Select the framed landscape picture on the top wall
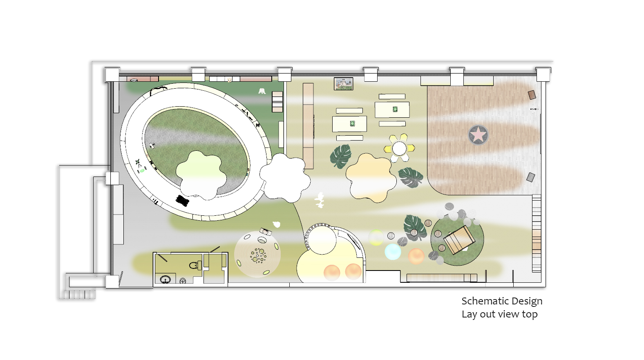point(344,84)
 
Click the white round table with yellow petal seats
point(399,148)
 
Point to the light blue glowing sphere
point(393,252)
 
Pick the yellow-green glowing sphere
point(376,237)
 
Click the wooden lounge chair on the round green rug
point(459,240)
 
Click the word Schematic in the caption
point(485,301)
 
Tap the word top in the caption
point(530,315)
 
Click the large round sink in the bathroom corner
point(165,279)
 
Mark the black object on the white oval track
point(182,200)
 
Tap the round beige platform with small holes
point(257,254)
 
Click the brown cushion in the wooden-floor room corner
point(532,95)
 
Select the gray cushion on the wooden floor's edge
point(531,177)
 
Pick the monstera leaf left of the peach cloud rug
point(341,156)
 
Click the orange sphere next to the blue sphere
point(416,256)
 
